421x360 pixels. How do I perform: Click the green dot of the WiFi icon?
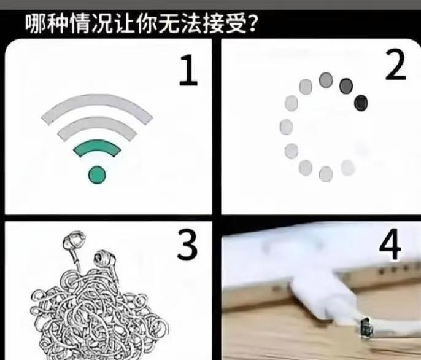pyautogui.click(x=97, y=174)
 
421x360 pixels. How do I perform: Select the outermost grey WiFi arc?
pyautogui.click(x=97, y=102)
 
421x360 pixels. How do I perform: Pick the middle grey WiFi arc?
pyautogui.click(x=97, y=124)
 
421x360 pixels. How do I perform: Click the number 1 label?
pyautogui.click(x=189, y=70)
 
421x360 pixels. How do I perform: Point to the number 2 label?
pyautogui.click(x=395, y=65)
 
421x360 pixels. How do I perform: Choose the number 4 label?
pyautogui.click(x=390, y=244)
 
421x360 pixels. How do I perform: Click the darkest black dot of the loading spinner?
pyautogui.click(x=361, y=103)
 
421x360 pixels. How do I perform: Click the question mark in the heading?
pyautogui.click(x=252, y=24)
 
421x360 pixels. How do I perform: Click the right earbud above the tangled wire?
pyautogui.click(x=105, y=257)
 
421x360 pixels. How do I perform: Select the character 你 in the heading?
pyautogui.click(x=147, y=24)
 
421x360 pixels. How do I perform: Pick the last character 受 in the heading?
pyautogui.click(x=236, y=24)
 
